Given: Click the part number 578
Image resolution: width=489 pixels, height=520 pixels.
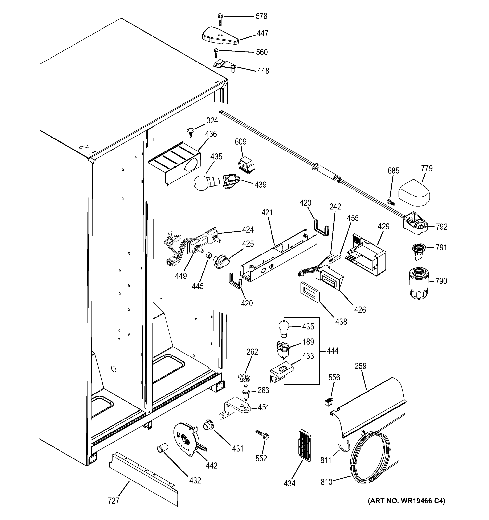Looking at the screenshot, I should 261,16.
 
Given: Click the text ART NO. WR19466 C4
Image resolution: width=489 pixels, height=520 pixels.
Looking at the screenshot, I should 406,501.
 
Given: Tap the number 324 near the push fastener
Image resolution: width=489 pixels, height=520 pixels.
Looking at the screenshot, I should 212,121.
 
